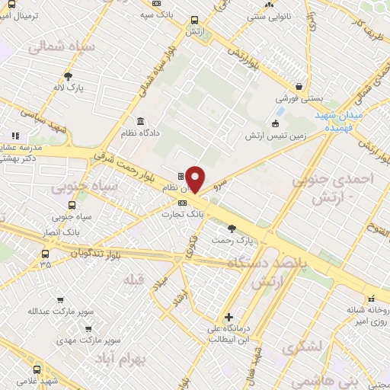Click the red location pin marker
[196, 180]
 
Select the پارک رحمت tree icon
[232, 227]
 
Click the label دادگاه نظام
[139, 133]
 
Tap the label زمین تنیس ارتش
[276, 136]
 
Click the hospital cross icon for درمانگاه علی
[228, 317]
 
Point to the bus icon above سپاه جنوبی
[72, 205]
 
